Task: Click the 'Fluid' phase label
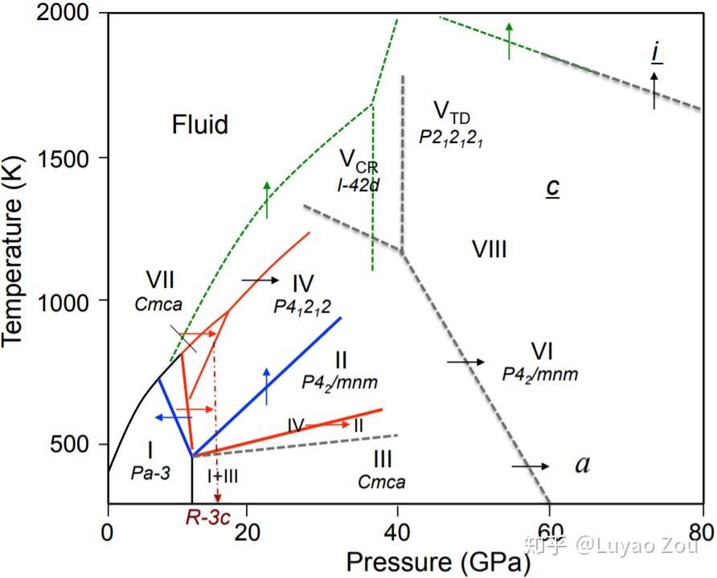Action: coord(199,125)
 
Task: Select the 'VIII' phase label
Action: coord(489,249)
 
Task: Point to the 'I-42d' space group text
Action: coord(358,185)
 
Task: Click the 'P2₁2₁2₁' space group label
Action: coord(449,136)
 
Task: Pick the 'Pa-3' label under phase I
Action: coord(150,473)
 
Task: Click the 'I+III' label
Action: coord(223,476)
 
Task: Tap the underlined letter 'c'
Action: coord(552,187)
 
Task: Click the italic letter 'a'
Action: coord(582,465)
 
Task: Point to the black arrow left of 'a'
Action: coord(531,466)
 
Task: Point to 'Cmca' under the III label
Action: coord(382,482)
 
